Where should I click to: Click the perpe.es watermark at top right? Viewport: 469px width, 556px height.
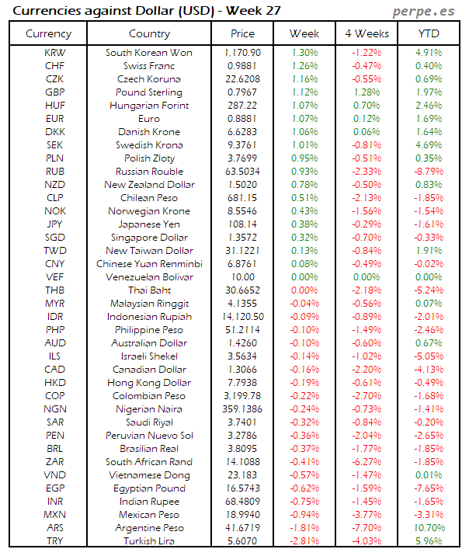[425, 10]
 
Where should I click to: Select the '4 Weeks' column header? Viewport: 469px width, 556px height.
[367, 33]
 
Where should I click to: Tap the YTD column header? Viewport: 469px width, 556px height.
[429, 33]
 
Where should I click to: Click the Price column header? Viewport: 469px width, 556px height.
[242, 33]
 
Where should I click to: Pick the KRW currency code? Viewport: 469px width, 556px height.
[55, 52]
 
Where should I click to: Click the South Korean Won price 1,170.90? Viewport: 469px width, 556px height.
[242, 52]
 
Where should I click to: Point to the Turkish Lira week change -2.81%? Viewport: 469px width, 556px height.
[304, 540]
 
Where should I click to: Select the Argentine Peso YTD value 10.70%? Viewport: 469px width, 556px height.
[428, 527]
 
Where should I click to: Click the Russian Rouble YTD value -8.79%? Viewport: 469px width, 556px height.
[428, 171]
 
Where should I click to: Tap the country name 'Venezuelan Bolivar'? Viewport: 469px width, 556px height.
[149, 276]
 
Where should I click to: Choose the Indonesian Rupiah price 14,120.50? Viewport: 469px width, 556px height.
[242, 316]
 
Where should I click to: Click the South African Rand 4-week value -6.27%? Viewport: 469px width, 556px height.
[367, 461]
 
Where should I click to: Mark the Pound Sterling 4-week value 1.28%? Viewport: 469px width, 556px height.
[367, 92]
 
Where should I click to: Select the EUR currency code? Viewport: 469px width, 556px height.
[55, 118]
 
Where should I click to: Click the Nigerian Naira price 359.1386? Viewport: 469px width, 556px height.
[242, 408]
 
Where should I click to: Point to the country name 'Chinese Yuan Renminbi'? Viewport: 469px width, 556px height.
[149, 263]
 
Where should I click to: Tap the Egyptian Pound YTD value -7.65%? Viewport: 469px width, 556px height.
[428, 488]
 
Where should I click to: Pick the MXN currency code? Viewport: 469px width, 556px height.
[55, 514]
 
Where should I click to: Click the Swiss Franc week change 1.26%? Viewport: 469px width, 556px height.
[304, 65]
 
